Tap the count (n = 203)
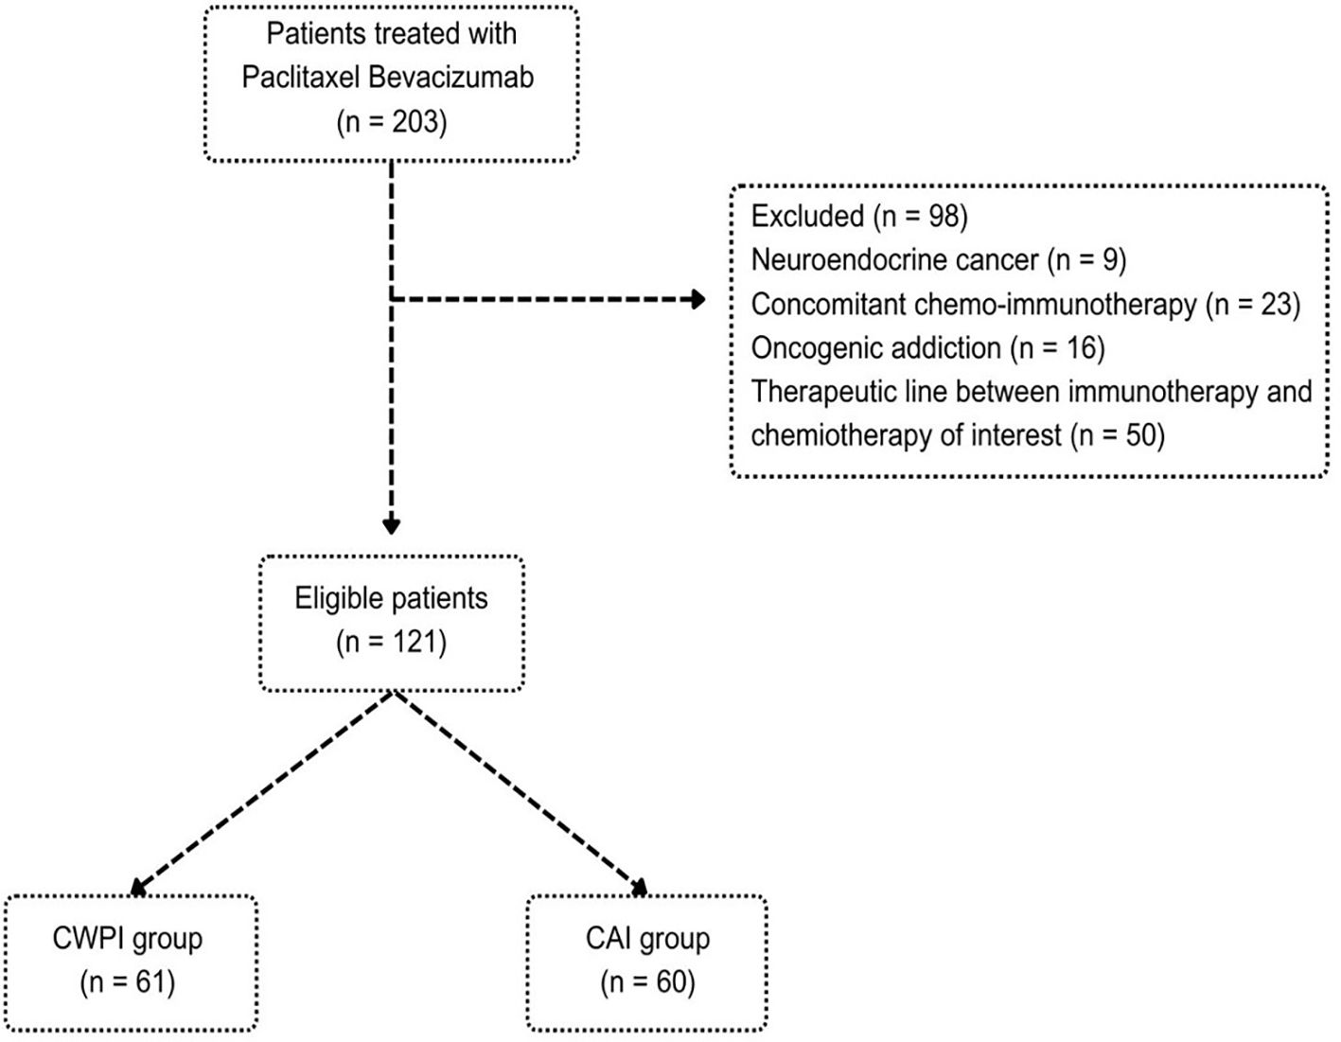391,122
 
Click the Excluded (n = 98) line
858,216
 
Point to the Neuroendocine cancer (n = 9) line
938,259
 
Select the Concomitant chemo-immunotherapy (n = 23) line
1025,304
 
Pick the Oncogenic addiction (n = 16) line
927,347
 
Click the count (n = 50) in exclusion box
1117,435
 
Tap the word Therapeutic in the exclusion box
825,391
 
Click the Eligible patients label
391,598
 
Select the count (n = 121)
391,642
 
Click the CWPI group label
128,938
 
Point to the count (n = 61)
128,981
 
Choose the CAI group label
647,938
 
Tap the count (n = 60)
647,981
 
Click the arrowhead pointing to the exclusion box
698,300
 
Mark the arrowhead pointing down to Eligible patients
391,526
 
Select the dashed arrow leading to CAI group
521,791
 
